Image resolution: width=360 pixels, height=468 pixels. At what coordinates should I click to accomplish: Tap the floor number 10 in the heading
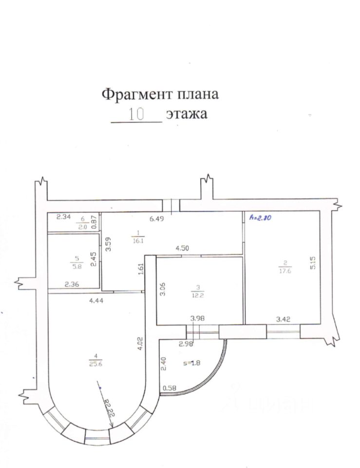[x=136, y=115]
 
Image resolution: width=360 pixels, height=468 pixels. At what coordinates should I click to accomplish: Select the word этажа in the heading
[x=187, y=115]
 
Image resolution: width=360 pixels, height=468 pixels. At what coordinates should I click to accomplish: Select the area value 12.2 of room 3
[x=199, y=294]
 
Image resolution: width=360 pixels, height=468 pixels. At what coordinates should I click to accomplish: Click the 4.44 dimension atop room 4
[x=97, y=300]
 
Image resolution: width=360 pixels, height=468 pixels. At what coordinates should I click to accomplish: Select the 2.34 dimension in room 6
[x=64, y=217]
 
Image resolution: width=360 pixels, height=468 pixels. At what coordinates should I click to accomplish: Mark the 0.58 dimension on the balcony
[x=169, y=388]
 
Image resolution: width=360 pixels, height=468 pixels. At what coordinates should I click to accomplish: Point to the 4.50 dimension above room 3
[x=182, y=248]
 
